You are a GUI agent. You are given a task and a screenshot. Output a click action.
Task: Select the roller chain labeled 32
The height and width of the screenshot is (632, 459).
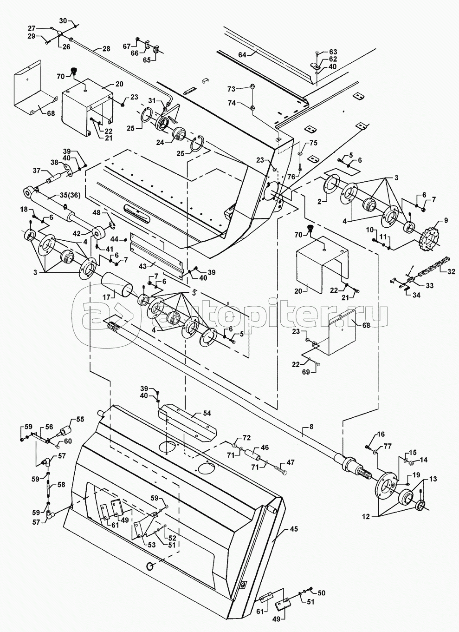pos(433,266)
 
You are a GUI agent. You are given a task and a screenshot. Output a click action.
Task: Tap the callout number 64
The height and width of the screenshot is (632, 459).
pos(242,55)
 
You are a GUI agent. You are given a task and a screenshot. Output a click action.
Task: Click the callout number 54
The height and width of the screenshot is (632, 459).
pos(207,413)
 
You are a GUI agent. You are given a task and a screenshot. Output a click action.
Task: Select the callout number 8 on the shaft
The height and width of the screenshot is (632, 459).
pos(311,427)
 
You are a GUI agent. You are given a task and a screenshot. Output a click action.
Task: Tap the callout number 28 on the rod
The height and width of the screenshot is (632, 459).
pos(106,49)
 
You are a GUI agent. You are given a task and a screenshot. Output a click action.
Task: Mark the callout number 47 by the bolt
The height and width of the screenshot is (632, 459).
pos(290,462)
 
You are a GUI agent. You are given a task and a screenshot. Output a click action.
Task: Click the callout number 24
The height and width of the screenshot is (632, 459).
pos(160,143)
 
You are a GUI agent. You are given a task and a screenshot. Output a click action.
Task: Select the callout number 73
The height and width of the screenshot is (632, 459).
pos(231,89)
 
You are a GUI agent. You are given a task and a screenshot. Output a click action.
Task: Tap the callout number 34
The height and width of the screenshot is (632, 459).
pos(416,295)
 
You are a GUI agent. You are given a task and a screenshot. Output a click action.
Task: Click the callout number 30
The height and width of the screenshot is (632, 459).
pos(64,21)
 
